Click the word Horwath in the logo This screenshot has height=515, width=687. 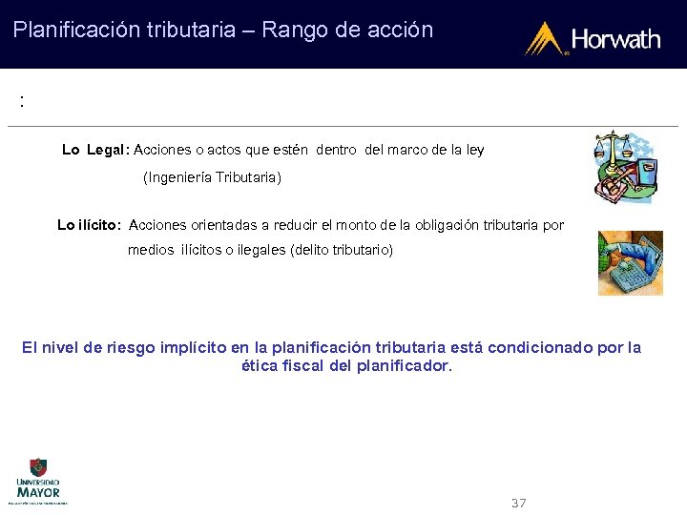click(615, 39)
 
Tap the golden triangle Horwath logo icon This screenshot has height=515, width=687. click(546, 38)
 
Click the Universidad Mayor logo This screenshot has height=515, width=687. click(38, 480)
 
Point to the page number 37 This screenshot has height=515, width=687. click(519, 503)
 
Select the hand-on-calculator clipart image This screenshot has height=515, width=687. click(630, 262)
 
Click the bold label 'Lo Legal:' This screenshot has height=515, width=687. click(95, 150)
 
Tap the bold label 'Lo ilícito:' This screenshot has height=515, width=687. click(89, 225)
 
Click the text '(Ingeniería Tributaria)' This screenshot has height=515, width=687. click(212, 177)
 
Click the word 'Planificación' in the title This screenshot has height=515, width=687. click(73, 30)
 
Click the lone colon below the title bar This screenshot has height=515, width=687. click(21, 101)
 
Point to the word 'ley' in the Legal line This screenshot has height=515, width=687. click(474, 150)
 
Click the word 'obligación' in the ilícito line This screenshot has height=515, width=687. click(451, 225)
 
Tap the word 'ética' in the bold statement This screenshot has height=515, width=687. click(261, 365)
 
